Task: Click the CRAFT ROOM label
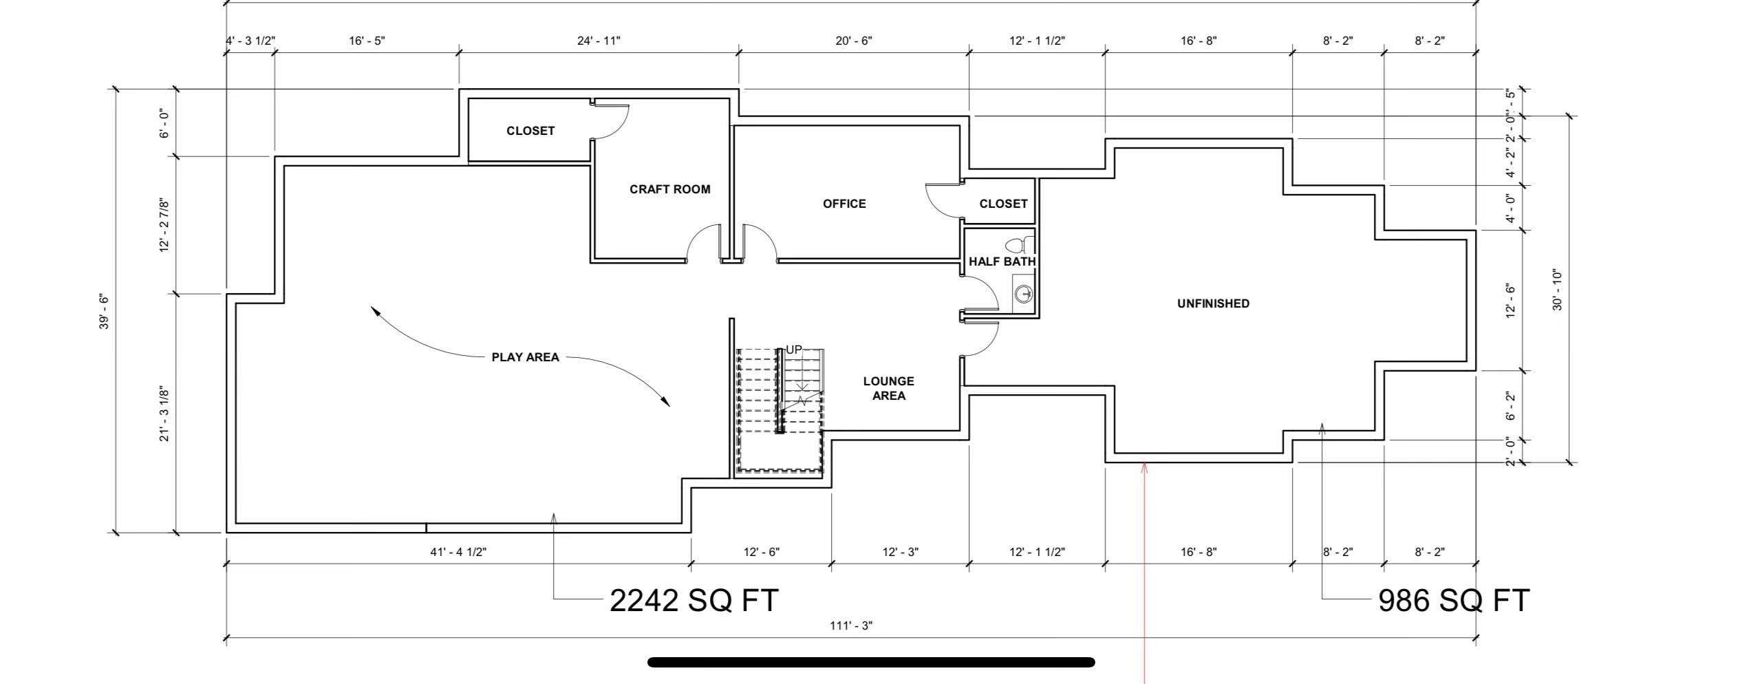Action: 669,189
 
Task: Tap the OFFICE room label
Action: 844,204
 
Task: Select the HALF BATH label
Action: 1002,261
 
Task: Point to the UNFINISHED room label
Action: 1213,303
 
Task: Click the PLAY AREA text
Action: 525,357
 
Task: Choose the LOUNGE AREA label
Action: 888,388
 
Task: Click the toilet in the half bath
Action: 1020,244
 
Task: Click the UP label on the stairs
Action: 793,350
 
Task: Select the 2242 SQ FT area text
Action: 694,600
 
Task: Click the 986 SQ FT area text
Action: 1454,600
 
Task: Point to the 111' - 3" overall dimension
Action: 851,626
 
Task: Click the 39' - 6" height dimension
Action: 104,312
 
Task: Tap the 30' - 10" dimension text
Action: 1558,290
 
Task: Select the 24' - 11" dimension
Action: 599,41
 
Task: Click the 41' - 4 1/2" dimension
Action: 458,552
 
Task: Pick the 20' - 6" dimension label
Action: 854,41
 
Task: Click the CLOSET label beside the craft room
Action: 530,131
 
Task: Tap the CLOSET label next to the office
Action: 1003,204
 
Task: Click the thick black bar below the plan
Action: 871,663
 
